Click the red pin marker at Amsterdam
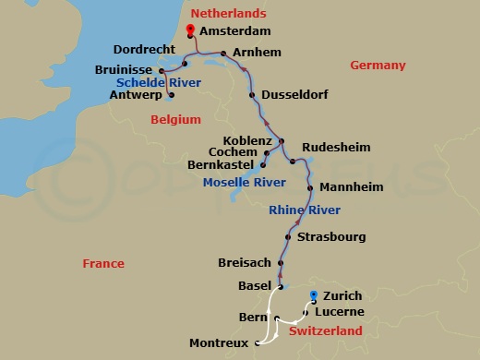tap(189, 30)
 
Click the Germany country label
tap(378, 65)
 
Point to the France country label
tap(102, 263)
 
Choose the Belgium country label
tap(174, 119)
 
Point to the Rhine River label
tap(305, 210)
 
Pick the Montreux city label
tap(219, 343)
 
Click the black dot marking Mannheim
tap(312, 186)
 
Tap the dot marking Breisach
tap(276, 262)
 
